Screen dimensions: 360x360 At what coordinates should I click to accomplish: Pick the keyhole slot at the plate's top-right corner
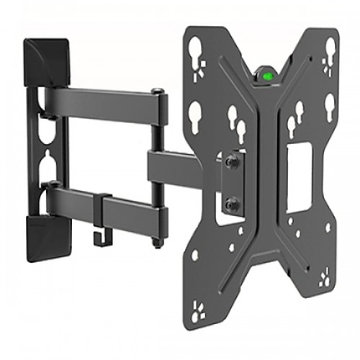pyautogui.click(x=329, y=47)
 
